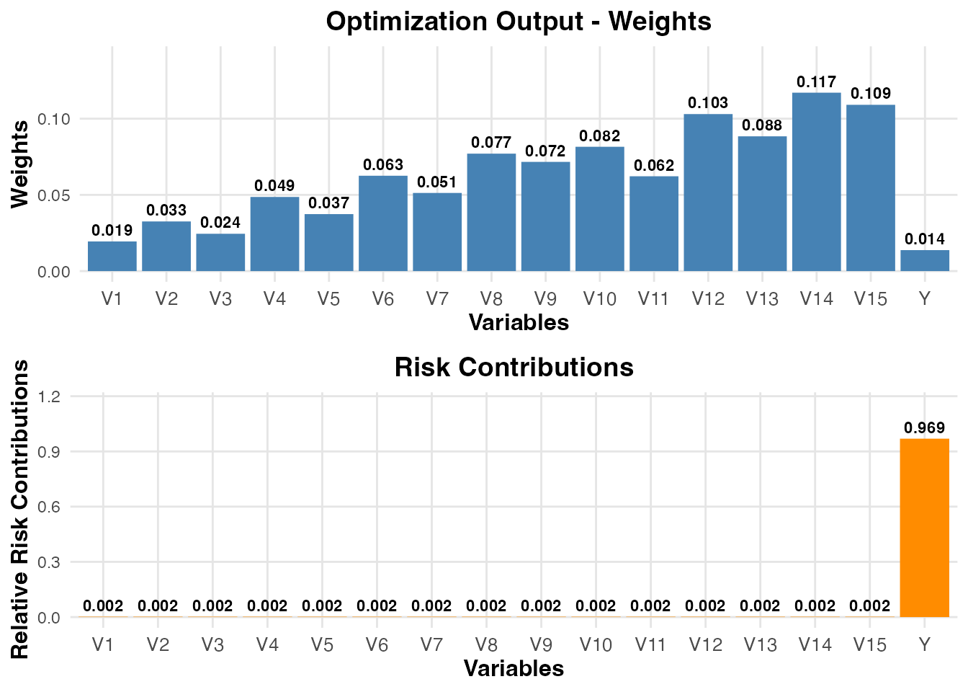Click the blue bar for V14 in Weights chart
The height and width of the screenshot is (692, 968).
coord(816,182)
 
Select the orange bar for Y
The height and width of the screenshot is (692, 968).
coord(924,528)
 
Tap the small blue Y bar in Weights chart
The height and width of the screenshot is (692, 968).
coord(925,261)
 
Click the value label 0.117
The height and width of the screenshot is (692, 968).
coord(816,82)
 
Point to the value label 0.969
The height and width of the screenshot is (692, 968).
coord(924,428)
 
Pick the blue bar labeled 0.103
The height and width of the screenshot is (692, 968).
coord(708,192)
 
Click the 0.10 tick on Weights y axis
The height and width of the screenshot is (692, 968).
coord(55,119)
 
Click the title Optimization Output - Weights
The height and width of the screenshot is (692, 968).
coord(519,21)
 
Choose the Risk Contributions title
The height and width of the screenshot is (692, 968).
coord(514,368)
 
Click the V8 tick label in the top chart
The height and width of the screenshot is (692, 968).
coord(491,298)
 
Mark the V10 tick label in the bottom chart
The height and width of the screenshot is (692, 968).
coord(596,644)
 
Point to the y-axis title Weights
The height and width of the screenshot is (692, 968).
coord(20,164)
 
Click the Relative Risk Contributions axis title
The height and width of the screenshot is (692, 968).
coord(20,509)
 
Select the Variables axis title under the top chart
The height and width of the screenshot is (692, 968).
coord(519,322)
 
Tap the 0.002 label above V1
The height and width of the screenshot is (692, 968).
coord(103,606)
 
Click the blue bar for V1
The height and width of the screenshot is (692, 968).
coord(112,257)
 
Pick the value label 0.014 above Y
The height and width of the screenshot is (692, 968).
coord(925,239)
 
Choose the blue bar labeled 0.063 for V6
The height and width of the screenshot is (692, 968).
coord(383,223)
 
